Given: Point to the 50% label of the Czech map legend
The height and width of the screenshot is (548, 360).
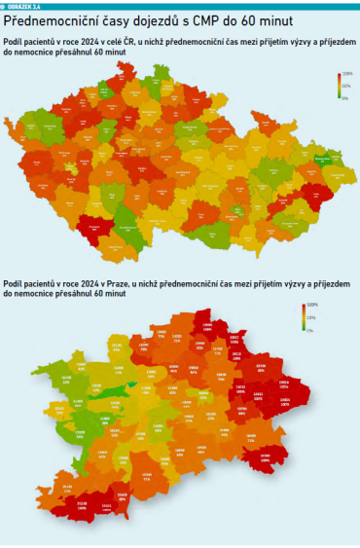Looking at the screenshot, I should [345, 86].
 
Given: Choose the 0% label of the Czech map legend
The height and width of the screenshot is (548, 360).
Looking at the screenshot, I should [344, 96].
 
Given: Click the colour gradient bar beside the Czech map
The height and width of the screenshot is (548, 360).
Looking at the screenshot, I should [339, 86].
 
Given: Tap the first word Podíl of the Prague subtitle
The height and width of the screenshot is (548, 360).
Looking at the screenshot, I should [13, 283].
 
